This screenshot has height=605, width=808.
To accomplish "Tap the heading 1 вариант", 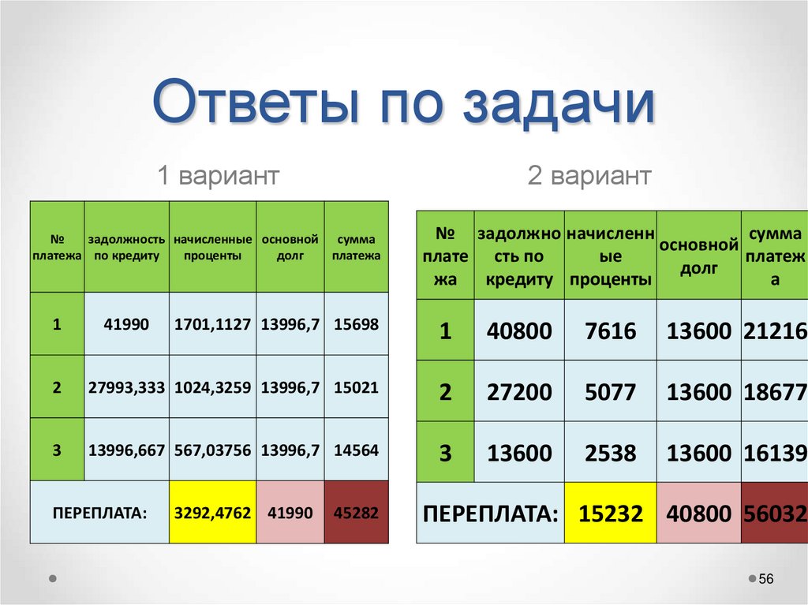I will [218, 175].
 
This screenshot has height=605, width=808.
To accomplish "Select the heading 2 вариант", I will [589, 175].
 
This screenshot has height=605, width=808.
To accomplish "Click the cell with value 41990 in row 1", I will [126, 324].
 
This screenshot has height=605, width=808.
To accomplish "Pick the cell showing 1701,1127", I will [212, 324].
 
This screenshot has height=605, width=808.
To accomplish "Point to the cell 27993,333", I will [126, 387].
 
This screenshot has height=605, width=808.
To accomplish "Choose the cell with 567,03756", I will [212, 450].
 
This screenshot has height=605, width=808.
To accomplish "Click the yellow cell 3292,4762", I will [212, 513].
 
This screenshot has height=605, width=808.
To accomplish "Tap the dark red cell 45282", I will [356, 513].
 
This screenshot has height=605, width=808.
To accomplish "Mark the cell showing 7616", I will [610, 331].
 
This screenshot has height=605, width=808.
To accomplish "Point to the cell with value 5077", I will [610, 392].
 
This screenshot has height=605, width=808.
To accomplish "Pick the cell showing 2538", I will [610, 453].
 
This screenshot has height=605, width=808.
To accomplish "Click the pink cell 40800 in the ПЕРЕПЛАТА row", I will [699, 514].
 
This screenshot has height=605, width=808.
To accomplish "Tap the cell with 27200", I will [519, 392].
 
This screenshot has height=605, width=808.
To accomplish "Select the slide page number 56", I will [765, 580].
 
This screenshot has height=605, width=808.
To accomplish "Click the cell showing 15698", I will [356, 324].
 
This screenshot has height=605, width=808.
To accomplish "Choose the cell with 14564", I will [356, 450].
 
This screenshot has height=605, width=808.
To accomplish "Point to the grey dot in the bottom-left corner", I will [52, 577].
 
